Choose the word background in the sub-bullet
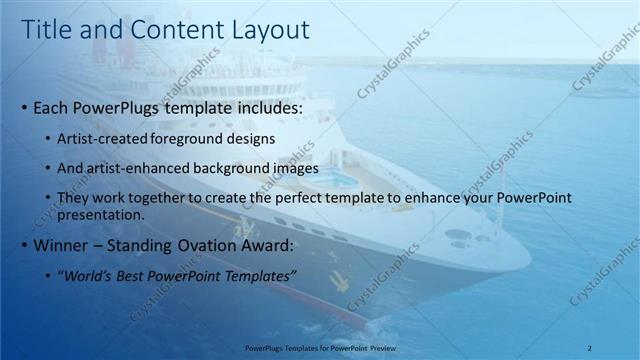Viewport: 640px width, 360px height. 234,168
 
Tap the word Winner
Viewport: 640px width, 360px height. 60,245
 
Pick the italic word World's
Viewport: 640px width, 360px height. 89,275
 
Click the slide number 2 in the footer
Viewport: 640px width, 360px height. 590,347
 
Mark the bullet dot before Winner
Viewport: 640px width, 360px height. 24,246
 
